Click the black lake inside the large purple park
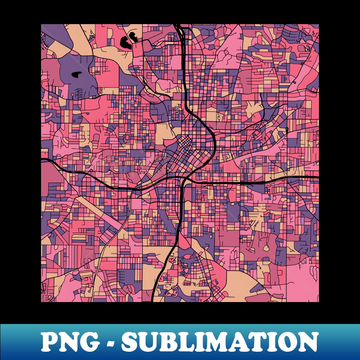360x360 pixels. pyautogui.click(x=77, y=75)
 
